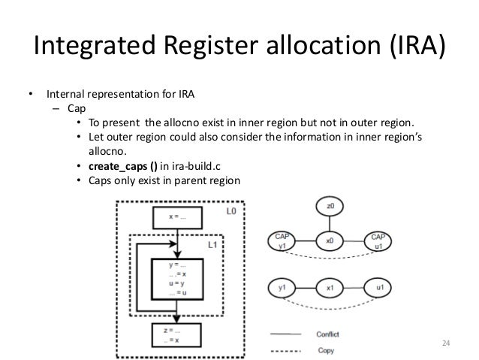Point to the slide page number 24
(446, 344)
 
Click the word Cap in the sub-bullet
(76, 107)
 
